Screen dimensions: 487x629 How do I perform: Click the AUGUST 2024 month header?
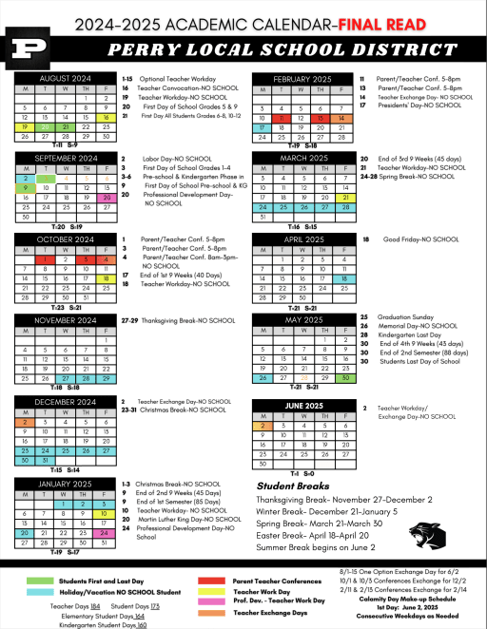point(63,77)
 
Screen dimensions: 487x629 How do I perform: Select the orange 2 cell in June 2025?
point(262,427)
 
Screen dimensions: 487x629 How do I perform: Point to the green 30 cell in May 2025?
point(348,377)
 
